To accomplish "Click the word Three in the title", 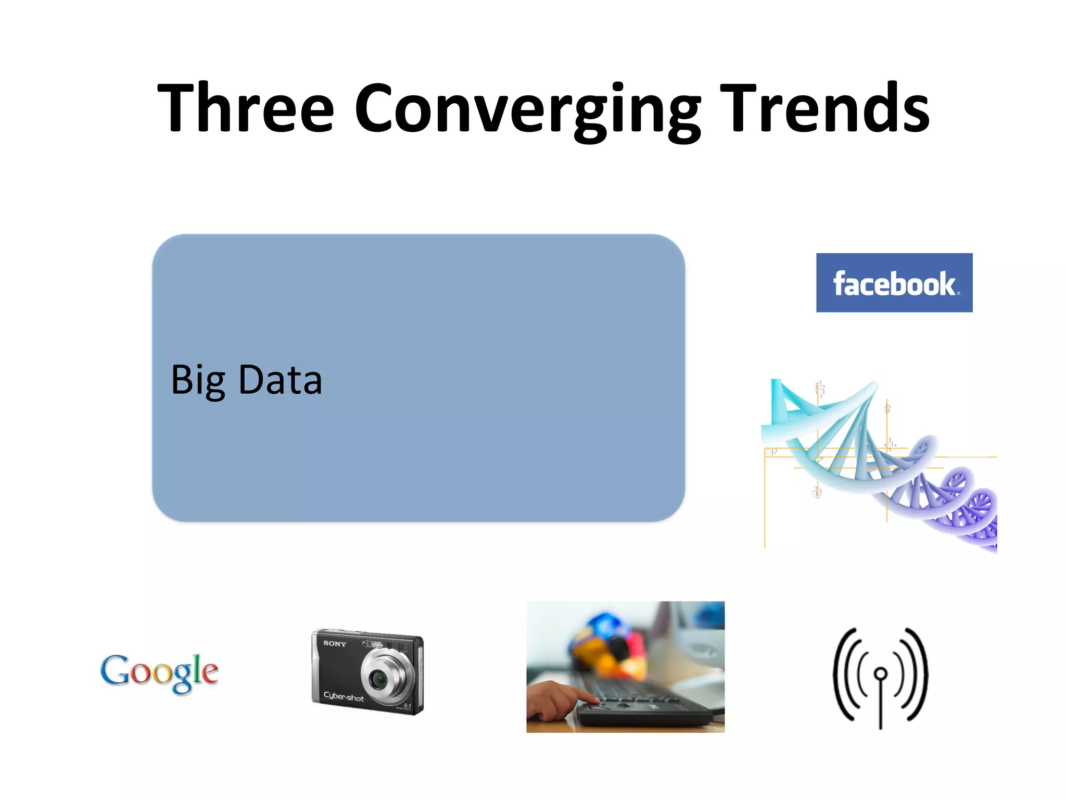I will pos(245,108).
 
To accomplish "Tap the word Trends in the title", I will pos(824,108).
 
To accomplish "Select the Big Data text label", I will pos(246,380).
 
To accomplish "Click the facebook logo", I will pos(894,283).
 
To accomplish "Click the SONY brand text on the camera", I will pos(334,644).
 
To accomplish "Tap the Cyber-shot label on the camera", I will pos(344,696).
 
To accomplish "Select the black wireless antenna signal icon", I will pos(880,677).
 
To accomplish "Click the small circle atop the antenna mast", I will pos(881,674).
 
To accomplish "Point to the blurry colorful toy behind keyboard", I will pos(609,646).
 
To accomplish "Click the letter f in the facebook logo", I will pos(840,284).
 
